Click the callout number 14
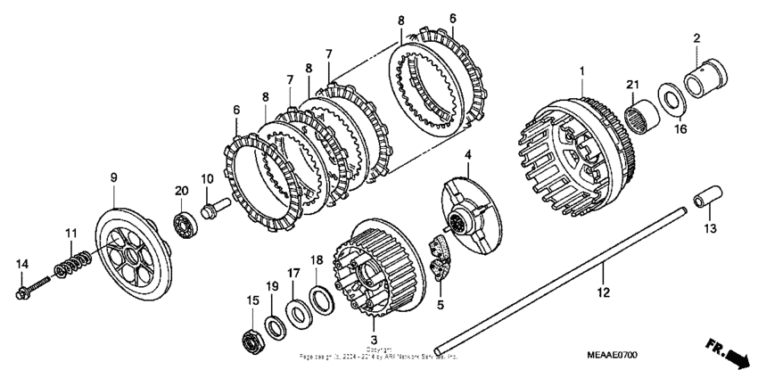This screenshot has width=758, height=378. point(21,263)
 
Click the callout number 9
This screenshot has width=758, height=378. point(114,177)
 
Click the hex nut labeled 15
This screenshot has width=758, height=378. point(251,340)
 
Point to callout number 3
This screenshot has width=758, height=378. point(373,340)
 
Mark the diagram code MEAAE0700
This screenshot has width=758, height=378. point(613,355)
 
